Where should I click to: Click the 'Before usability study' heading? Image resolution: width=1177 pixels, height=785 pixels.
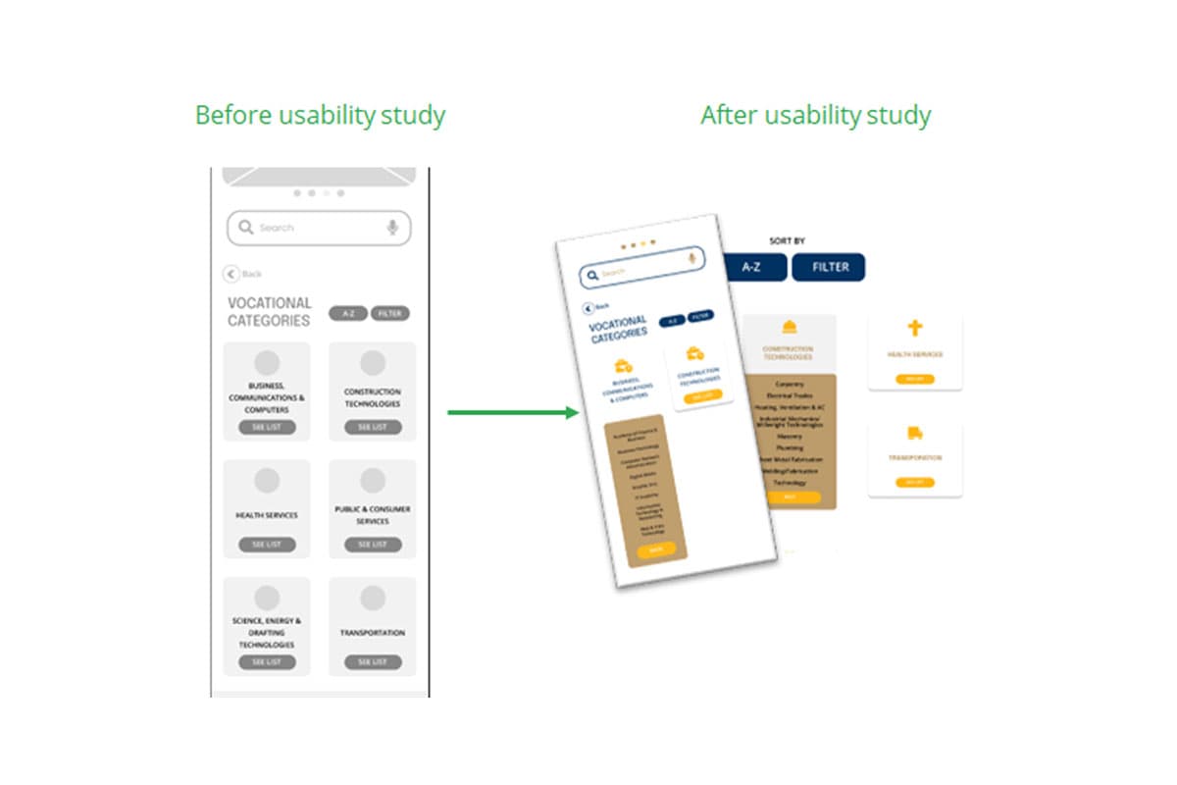tap(320, 116)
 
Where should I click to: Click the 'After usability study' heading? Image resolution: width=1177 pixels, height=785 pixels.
tap(815, 116)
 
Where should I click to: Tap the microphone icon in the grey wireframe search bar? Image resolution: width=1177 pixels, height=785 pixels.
tap(392, 228)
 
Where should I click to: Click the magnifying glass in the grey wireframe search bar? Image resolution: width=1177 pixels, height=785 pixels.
tap(246, 228)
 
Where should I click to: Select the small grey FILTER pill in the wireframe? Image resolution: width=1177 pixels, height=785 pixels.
tap(390, 314)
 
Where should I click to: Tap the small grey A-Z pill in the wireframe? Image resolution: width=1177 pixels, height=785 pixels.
tap(348, 314)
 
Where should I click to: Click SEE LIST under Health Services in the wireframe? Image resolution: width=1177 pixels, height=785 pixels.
tap(267, 545)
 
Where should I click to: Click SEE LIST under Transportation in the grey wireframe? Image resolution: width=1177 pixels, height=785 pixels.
tap(373, 662)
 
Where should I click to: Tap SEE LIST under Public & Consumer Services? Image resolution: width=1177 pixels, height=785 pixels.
tap(373, 545)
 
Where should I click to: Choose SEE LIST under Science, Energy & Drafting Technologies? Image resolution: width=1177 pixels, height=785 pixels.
tap(267, 662)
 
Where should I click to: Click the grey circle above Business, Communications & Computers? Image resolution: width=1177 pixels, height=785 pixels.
tap(267, 363)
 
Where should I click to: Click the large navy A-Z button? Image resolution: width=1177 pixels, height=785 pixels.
tap(751, 267)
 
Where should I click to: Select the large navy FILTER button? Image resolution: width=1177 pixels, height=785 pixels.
tap(830, 267)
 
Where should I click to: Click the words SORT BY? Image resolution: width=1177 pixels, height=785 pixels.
tap(788, 240)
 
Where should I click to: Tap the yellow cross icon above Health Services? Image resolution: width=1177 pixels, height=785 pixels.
tap(915, 329)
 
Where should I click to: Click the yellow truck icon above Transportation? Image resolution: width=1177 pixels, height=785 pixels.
tap(915, 433)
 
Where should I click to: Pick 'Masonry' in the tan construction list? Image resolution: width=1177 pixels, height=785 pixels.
tap(789, 436)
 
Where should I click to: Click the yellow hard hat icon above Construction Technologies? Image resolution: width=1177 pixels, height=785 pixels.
tap(789, 327)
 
